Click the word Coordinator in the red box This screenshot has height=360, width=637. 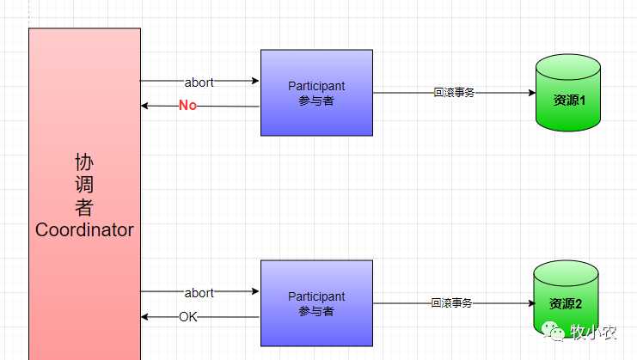click(84, 230)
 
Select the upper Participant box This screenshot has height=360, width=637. click(316, 93)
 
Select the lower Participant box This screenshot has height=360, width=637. click(316, 303)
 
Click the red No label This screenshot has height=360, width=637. click(187, 106)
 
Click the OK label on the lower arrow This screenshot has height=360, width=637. click(188, 317)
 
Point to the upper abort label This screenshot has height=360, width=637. click(199, 82)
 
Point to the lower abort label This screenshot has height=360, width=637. click(199, 293)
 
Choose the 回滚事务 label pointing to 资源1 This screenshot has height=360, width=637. click(454, 93)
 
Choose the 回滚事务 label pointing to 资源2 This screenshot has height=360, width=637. click(451, 303)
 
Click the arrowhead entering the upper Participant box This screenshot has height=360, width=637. click(255, 82)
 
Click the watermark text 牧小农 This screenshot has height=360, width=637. click(596, 332)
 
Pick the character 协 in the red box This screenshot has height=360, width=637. click(84, 162)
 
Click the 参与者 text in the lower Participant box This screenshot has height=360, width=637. click(316, 311)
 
